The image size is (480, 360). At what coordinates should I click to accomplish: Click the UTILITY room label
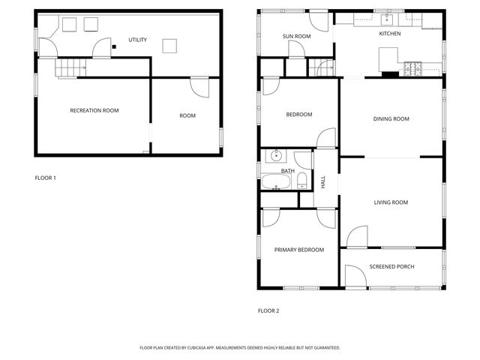[x=137, y=40]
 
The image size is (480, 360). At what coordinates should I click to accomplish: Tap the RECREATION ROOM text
[x=94, y=110]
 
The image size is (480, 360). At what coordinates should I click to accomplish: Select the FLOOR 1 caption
[x=46, y=178]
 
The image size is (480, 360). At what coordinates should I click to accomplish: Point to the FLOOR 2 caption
[x=268, y=310]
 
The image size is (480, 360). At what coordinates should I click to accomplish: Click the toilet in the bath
[x=301, y=180]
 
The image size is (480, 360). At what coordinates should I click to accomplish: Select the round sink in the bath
[x=275, y=157]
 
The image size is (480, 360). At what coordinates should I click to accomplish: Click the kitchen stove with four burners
[x=414, y=69]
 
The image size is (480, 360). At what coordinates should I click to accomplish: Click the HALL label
[x=323, y=181]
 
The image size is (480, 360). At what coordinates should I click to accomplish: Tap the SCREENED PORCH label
[x=391, y=266]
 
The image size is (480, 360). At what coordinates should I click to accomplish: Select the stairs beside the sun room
[x=325, y=67]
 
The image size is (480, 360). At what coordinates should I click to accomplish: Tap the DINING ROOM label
[x=391, y=118]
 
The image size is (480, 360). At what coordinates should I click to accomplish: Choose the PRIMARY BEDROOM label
[x=298, y=250]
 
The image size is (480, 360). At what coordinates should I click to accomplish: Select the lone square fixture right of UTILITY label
[x=171, y=46]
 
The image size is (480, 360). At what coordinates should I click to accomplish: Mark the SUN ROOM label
[x=296, y=36]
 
